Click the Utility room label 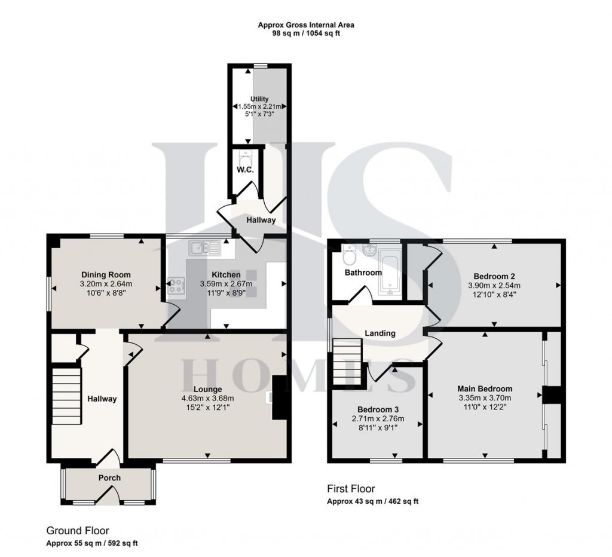[260, 99]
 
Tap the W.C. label [246, 170]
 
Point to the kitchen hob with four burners [177, 286]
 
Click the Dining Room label [107, 275]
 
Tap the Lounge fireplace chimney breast [279, 397]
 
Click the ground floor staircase [66, 388]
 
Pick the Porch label [109, 478]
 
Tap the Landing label [380, 333]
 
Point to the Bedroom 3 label [378, 409]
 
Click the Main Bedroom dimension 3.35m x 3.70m [485, 398]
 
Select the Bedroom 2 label [494, 276]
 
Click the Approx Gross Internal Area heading [306, 25]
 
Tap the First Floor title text [351, 489]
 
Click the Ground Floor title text [78, 531]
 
